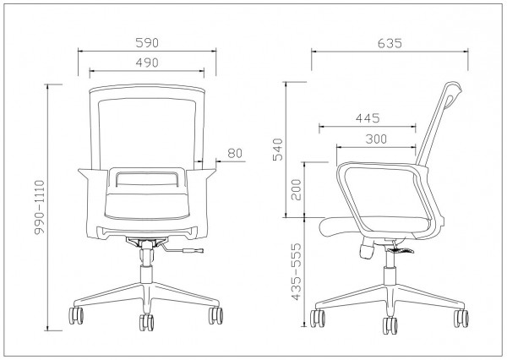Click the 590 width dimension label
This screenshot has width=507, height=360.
[147, 43]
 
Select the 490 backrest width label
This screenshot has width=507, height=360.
[147, 63]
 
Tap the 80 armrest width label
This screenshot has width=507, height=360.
[235, 153]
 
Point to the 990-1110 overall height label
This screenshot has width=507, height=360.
[40, 207]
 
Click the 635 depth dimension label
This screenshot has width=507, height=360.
[390, 43]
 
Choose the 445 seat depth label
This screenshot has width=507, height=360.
[368, 118]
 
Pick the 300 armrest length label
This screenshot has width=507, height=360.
[376, 139]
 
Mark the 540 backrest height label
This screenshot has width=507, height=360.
[278, 150]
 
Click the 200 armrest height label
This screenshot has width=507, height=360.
[297, 190]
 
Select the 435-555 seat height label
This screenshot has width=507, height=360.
[297, 272]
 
